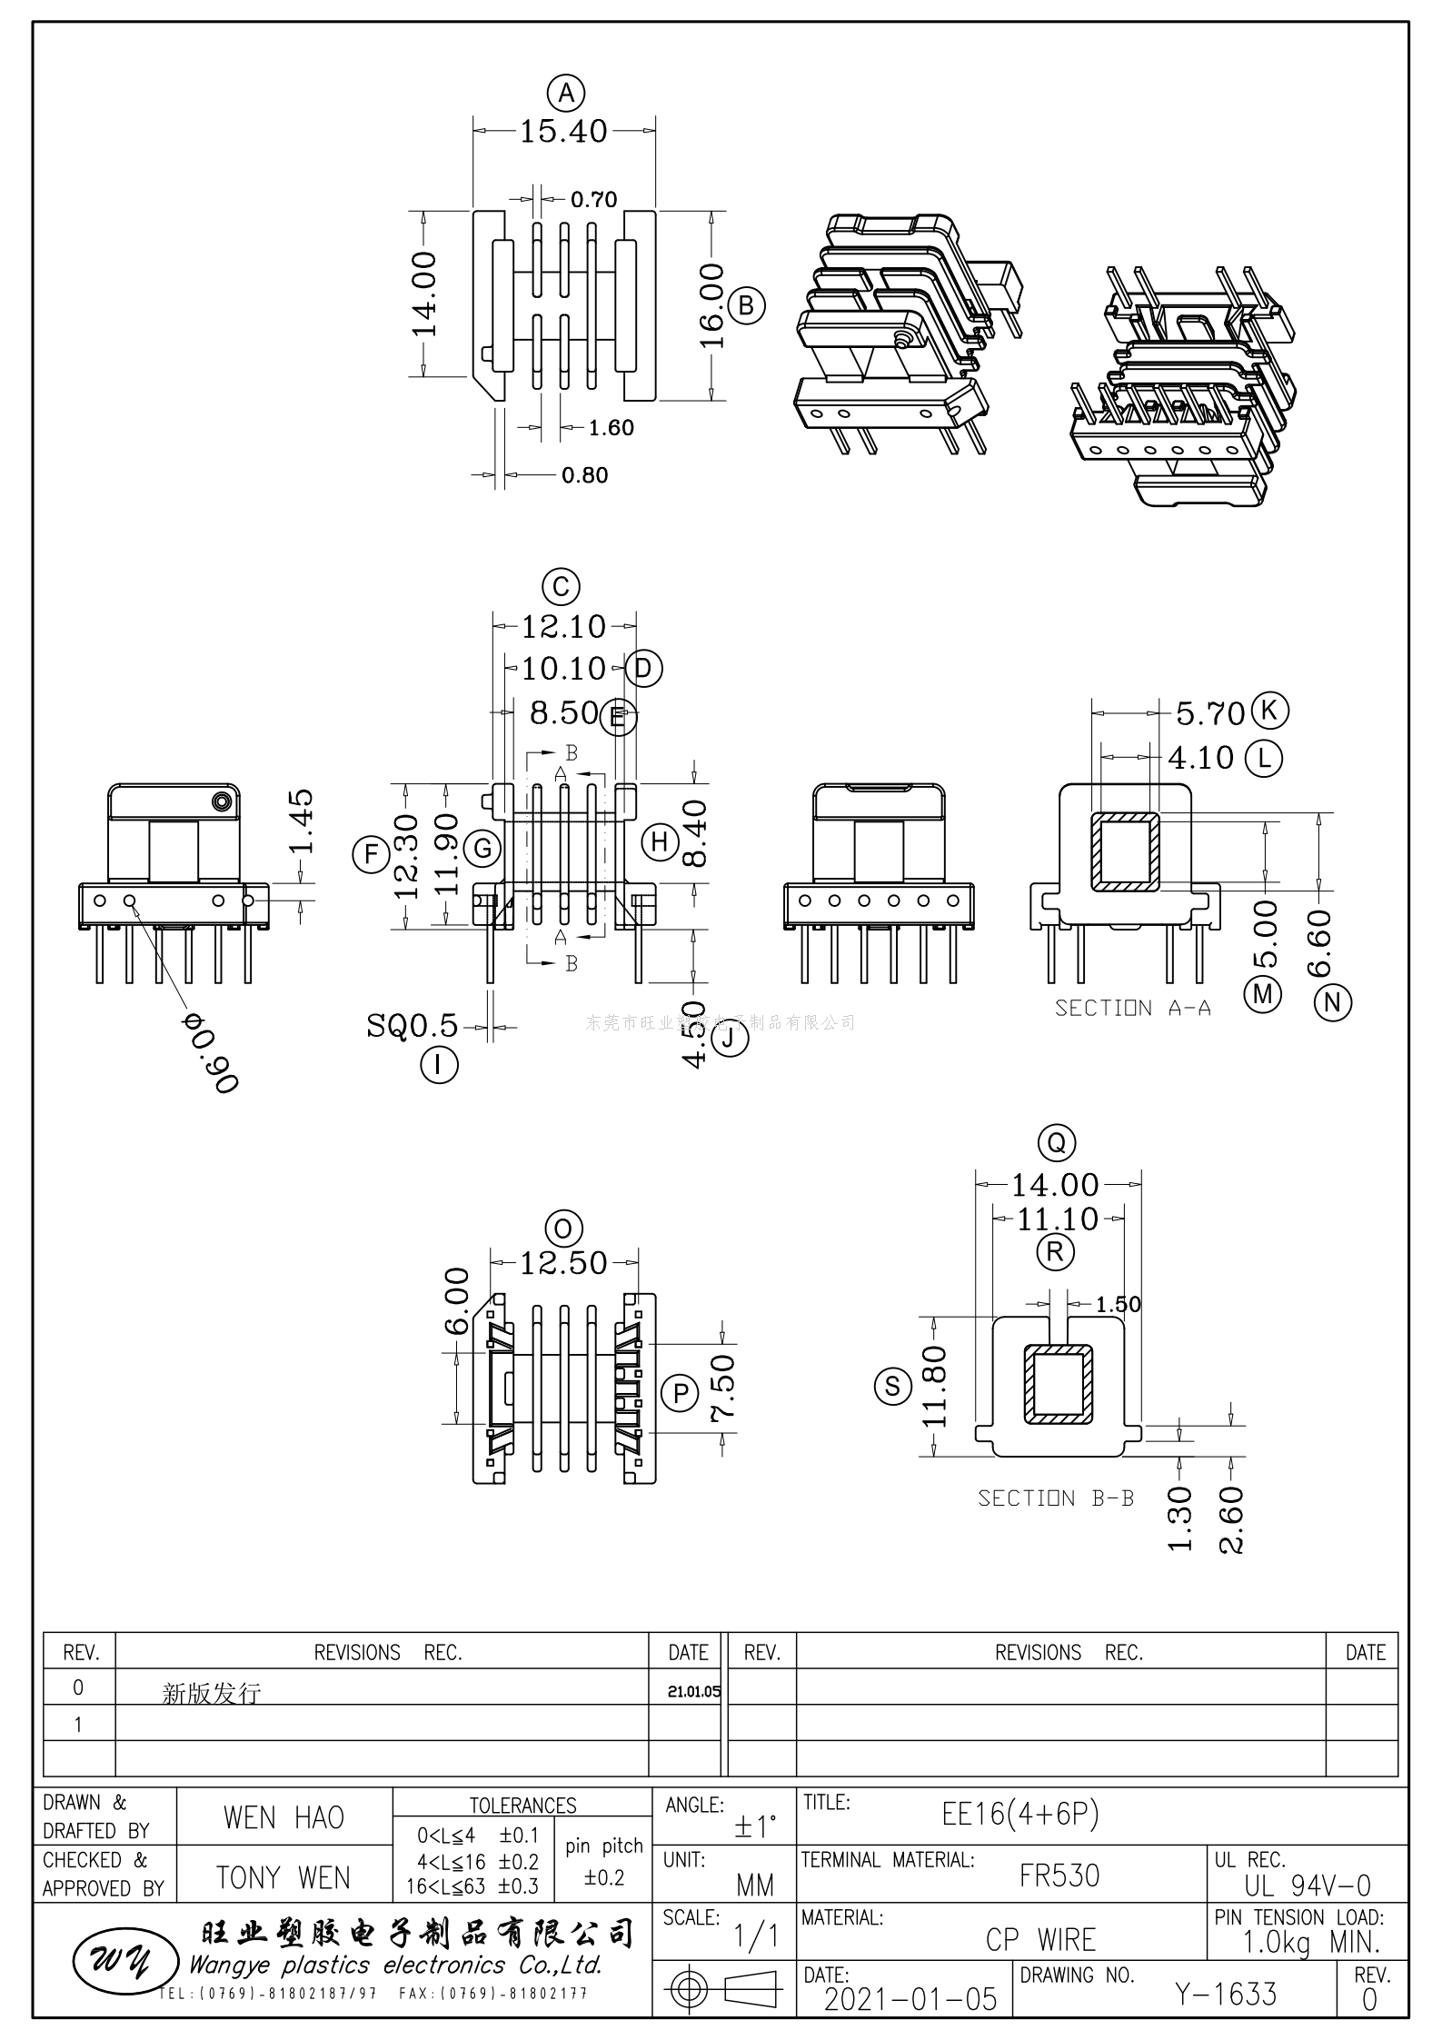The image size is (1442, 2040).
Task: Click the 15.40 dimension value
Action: [563, 132]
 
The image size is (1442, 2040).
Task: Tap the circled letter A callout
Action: [566, 93]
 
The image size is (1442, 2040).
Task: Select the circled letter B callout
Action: [746, 306]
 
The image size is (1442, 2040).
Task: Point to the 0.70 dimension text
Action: [594, 199]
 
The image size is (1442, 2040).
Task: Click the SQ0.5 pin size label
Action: [413, 1026]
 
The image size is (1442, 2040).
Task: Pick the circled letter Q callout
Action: [1057, 1143]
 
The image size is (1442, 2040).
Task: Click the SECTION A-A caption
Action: [1132, 1008]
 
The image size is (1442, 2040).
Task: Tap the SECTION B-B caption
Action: [1056, 1498]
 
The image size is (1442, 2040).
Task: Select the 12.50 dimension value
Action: [563, 1263]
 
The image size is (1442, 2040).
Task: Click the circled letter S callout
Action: [892, 1386]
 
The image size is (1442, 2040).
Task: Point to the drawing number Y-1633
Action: [1226, 1995]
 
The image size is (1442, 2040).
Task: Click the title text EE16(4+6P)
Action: [1020, 1815]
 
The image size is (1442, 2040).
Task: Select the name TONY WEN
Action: [283, 1877]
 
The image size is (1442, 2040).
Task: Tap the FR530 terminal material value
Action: [1059, 1876]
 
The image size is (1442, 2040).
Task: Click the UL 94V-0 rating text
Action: [1308, 1886]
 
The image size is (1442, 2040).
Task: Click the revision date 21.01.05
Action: [693, 1692]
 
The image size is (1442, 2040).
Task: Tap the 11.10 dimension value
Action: [1058, 1219]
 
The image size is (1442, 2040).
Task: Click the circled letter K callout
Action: [1269, 710]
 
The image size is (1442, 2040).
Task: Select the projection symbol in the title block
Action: [723, 1990]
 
